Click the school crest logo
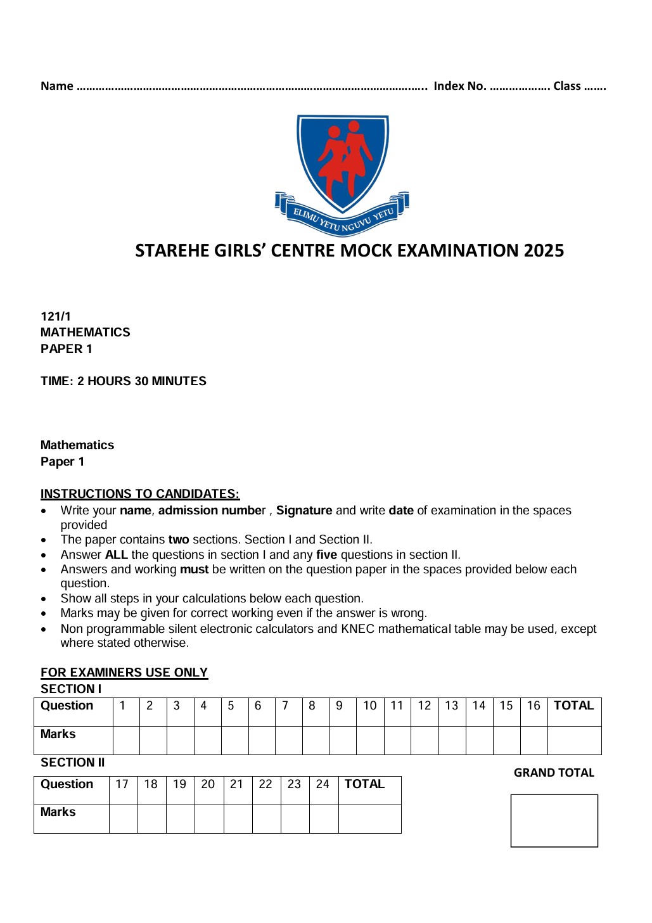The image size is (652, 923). pos(342,174)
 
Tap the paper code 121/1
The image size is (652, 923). pos(56,316)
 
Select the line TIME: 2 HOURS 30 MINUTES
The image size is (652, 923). pos(124,381)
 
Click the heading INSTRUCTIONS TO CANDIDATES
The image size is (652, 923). pos(140,494)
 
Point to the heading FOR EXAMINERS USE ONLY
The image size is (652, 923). pos(124,673)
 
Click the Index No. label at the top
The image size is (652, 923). pos(459,86)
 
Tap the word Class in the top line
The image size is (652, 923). pos(567,86)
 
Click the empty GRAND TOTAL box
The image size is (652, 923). pos(554,820)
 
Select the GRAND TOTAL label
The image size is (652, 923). pos(554,773)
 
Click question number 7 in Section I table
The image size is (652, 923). pos(285,706)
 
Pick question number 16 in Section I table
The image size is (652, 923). pos(534,706)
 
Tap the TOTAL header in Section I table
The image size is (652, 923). pos(573,706)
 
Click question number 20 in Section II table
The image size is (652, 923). pos(208,784)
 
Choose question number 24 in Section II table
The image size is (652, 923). pos(323,784)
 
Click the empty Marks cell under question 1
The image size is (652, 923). pos(126,740)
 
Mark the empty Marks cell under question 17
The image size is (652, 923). pos(123,818)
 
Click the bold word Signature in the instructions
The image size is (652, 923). pos(304,511)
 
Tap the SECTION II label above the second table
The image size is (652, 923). pos(73,763)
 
